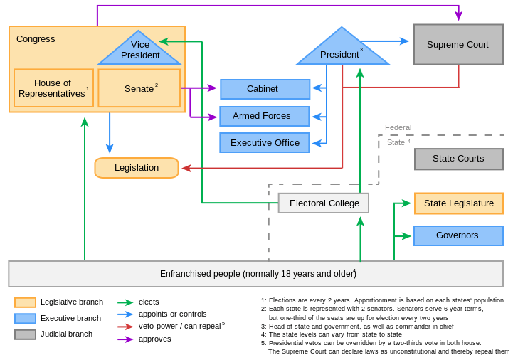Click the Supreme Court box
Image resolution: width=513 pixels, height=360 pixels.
pyautogui.click(x=458, y=45)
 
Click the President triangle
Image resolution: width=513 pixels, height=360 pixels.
pyautogui.click(x=342, y=51)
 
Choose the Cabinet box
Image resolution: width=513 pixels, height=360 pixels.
pyautogui.click(x=265, y=89)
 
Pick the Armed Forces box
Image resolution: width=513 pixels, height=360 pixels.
pyautogui.click(x=265, y=116)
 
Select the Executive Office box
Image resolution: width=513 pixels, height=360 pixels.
pyautogui.click(x=265, y=143)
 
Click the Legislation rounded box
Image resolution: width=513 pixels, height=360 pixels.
pyautogui.click(x=137, y=168)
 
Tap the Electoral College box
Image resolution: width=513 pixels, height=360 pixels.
pyautogui.click(x=323, y=203)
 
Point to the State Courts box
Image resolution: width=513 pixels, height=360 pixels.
pyautogui.click(x=458, y=159)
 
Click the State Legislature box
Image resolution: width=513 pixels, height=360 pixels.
pyautogui.click(x=458, y=203)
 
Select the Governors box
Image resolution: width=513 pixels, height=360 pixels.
pyautogui.click(x=458, y=235)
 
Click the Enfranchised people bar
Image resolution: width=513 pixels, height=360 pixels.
pyautogui.click(x=256, y=274)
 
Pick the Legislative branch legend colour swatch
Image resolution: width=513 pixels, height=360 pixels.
pyautogui.click(x=25, y=302)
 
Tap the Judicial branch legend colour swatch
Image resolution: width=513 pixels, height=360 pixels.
pyautogui.click(x=25, y=334)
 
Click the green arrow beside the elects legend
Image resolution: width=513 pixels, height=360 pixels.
pyautogui.click(x=127, y=302)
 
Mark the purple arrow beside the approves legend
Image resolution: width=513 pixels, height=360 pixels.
pyautogui.click(x=127, y=339)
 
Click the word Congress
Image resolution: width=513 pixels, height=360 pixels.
pyautogui.click(x=36, y=39)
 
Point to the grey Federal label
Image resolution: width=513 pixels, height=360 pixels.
pyautogui.click(x=398, y=128)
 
